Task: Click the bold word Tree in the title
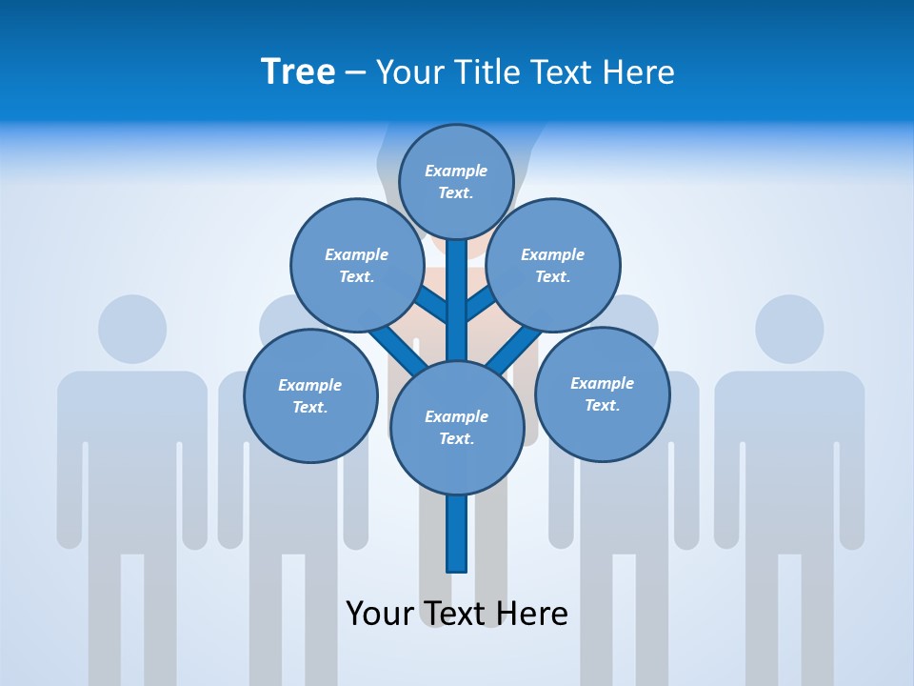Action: pos(298,72)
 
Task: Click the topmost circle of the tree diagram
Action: pos(456,181)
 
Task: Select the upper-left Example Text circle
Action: pos(356,265)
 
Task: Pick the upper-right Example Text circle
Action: pos(553,265)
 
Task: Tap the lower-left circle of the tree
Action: pos(310,395)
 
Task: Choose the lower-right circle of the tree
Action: pos(602,393)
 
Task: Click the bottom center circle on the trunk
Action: pos(456,427)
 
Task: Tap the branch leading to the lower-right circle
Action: pos(514,347)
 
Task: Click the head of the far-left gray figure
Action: pos(132,329)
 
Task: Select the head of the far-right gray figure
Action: pos(789,329)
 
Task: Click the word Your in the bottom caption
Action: pos(380,614)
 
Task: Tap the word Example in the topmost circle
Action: pos(456,171)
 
